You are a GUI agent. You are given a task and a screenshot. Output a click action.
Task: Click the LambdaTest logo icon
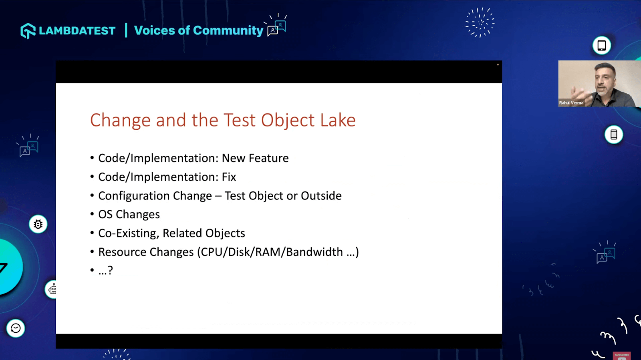point(28,30)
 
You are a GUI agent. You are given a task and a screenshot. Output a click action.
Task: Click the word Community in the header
point(228,30)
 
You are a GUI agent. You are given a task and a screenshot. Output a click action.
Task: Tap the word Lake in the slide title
point(338,120)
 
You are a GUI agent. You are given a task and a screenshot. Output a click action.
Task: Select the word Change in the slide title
point(120,121)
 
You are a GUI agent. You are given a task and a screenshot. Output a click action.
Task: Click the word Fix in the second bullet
point(229,177)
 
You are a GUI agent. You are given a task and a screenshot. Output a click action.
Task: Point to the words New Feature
point(255,158)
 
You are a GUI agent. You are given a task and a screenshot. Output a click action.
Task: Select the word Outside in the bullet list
point(321,196)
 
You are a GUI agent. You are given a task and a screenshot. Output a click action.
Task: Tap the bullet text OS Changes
point(129,215)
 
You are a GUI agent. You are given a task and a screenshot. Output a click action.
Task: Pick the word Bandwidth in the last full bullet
point(314,252)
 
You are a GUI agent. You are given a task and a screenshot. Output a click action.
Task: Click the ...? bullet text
point(106,270)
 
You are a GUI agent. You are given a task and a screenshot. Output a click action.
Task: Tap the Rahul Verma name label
point(571,103)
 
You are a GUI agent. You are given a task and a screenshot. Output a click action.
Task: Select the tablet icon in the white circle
point(601,45)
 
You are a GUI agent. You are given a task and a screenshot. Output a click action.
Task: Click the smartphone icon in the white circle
point(613,135)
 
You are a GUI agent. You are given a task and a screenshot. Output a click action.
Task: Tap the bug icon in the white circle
point(38,224)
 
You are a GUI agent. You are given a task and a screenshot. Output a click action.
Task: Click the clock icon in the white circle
point(16,328)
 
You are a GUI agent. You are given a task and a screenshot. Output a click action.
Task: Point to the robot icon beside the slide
point(52,290)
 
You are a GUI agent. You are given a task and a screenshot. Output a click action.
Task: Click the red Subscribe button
point(621,356)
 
